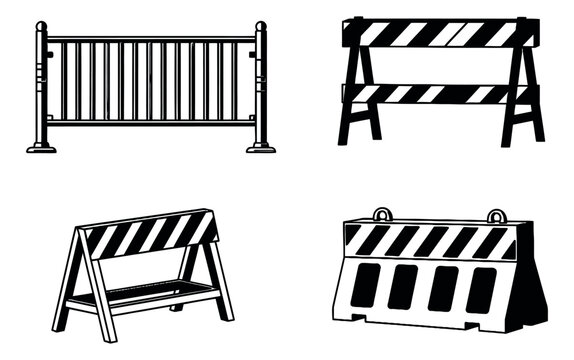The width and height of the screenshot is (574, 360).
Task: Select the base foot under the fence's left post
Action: [42, 147]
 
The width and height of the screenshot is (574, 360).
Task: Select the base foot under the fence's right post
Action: [261, 147]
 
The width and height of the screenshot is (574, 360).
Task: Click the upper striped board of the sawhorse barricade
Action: [440, 34]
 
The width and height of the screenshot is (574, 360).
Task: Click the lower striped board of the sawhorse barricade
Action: [440, 93]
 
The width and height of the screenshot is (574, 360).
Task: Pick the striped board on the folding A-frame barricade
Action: [150, 232]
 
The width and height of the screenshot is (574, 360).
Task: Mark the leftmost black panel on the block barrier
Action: [366, 286]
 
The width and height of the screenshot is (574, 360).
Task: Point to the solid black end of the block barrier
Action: [530, 290]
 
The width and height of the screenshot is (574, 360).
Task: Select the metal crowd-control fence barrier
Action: [151, 85]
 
